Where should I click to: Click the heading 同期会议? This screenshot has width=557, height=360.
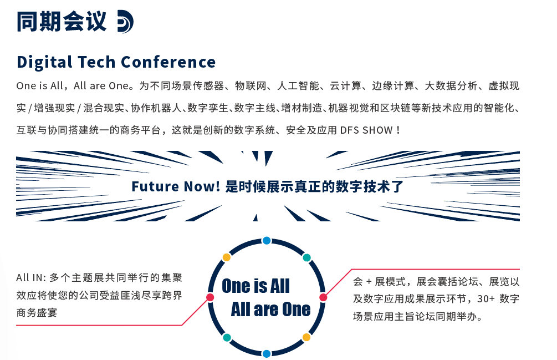(x=61, y=22)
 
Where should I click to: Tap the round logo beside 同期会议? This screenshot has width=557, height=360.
(x=125, y=22)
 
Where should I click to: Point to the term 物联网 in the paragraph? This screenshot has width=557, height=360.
(x=249, y=86)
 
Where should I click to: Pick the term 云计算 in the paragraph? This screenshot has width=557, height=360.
(x=346, y=86)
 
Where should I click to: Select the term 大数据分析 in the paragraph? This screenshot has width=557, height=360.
(x=451, y=86)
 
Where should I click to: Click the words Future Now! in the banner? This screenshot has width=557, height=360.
(x=176, y=186)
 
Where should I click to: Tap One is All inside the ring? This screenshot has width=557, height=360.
(x=255, y=286)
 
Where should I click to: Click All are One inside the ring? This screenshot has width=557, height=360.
(x=270, y=309)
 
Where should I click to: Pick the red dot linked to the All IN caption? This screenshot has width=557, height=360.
(x=210, y=297)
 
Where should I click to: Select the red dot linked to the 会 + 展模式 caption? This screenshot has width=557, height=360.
(x=323, y=297)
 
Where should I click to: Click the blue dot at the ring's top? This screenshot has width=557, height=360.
(x=267, y=241)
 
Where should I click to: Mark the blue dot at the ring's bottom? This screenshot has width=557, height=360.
(x=267, y=353)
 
